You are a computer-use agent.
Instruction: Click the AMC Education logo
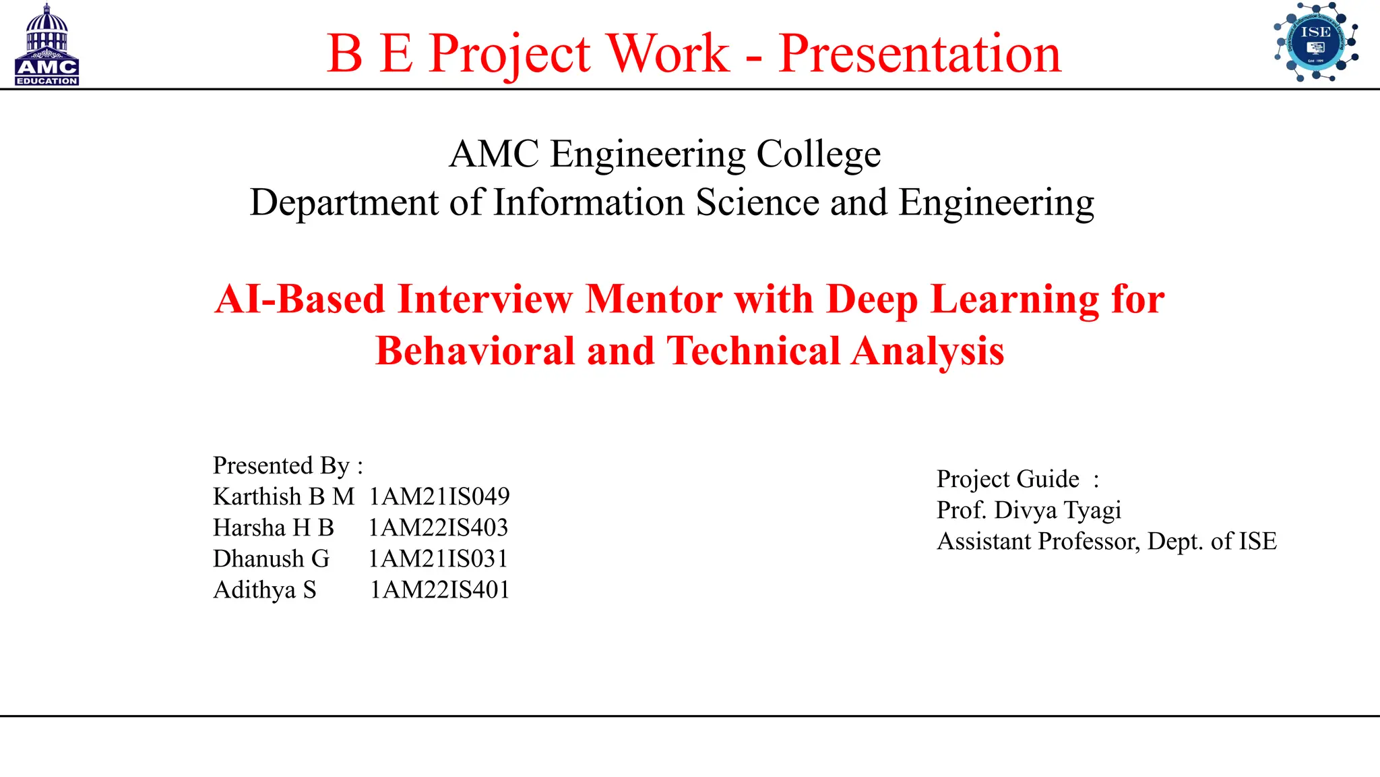pos(46,46)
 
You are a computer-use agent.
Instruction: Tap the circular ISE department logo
pos(1315,42)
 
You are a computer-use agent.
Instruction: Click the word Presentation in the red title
pos(920,53)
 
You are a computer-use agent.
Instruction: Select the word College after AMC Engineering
pos(818,154)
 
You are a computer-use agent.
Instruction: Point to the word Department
pos(344,202)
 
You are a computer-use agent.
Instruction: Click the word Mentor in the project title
pos(654,299)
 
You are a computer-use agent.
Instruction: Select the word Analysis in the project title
pos(927,351)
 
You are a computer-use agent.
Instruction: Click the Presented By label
pos(288,465)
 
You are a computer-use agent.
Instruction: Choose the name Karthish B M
pos(284,496)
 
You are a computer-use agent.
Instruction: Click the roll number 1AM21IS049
pos(439,496)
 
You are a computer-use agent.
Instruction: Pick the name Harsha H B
pos(274,527)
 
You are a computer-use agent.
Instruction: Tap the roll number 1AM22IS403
pos(438,527)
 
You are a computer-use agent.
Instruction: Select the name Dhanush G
pos(271,558)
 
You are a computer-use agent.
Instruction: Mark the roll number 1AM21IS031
pos(438,558)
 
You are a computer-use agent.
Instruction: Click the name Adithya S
pos(265,589)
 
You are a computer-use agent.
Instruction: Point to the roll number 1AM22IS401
pos(439,589)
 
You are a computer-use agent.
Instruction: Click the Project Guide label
pos(1008,479)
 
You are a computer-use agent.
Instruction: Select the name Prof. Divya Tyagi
pos(1029,510)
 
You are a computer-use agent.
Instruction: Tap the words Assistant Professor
pos(1038,541)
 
